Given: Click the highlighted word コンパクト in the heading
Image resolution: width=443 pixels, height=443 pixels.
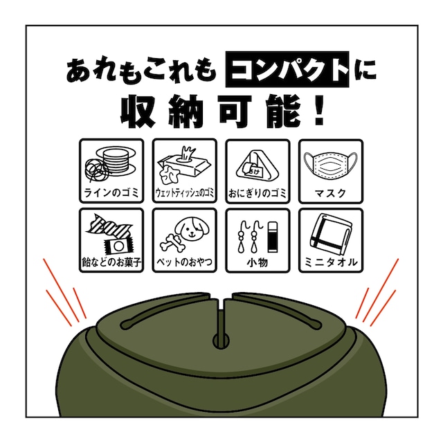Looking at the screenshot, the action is pyautogui.click(x=287, y=69).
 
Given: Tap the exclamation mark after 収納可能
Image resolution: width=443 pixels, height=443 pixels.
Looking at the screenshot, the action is pyautogui.click(x=319, y=111).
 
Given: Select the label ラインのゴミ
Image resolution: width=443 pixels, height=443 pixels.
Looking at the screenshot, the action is pyautogui.click(x=111, y=193).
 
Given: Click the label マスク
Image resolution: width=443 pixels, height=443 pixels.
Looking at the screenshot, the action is pyautogui.click(x=331, y=193).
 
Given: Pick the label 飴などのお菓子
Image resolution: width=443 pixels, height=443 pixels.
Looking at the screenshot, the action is pyautogui.click(x=111, y=262).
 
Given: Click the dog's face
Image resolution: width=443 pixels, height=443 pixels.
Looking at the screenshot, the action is pyautogui.click(x=192, y=230).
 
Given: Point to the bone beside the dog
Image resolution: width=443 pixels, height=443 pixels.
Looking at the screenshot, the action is pyautogui.click(x=172, y=244).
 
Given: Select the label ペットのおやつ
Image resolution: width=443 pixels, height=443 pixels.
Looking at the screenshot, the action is pyautogui.click(x=185, y=262).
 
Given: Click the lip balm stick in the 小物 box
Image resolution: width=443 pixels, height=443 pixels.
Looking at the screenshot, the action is pyautogui.click(x=272, y=236).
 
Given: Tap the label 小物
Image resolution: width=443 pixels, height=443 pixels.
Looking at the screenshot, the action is pyautogui.click(x=257, y=262).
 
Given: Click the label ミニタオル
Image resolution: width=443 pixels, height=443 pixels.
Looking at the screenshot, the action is pyautogui.click(x=331, y=262).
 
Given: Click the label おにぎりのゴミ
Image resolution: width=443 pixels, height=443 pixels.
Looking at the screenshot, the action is pyautogui.click(x=257, y=193).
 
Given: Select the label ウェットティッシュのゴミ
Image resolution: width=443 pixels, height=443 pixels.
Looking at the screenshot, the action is pyautogui.click(x=185, y=193).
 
